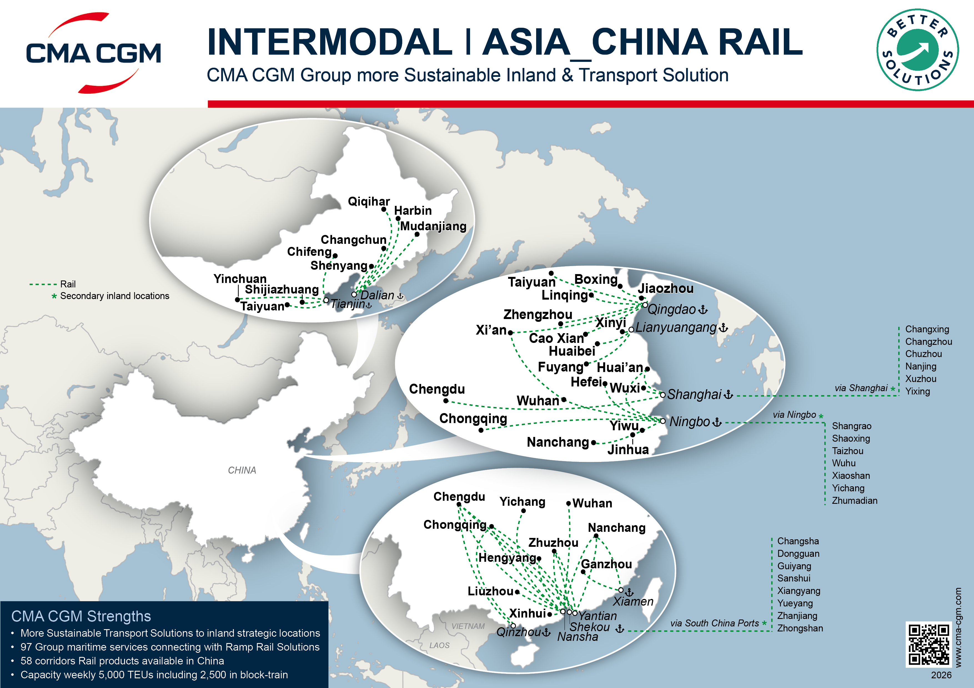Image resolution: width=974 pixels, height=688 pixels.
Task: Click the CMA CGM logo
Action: click(93, 53)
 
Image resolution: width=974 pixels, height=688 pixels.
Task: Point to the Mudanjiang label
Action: click(433, 226)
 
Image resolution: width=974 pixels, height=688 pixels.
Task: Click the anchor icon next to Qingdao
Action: click(703, 310)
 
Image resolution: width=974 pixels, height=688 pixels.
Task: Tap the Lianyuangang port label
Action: click(676, 328)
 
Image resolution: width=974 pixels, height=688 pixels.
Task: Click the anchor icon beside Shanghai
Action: click(728, 395)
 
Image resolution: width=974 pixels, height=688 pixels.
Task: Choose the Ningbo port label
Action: click(689, 422)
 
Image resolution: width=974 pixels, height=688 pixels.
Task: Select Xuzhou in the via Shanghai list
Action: click(920, 379)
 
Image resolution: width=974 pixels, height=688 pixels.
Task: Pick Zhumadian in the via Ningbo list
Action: click(854, 501)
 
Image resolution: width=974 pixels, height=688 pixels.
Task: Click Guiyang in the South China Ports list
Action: click(794, 566)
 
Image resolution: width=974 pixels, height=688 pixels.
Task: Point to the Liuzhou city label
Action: click(490, 591)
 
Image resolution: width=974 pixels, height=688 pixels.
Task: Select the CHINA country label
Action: click(242, 470)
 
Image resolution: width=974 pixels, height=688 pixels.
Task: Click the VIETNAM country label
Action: click(468, 626)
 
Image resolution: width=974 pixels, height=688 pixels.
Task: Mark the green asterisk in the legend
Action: click(54, 296)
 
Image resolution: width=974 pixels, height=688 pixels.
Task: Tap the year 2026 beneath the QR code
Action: click(941, 675)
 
